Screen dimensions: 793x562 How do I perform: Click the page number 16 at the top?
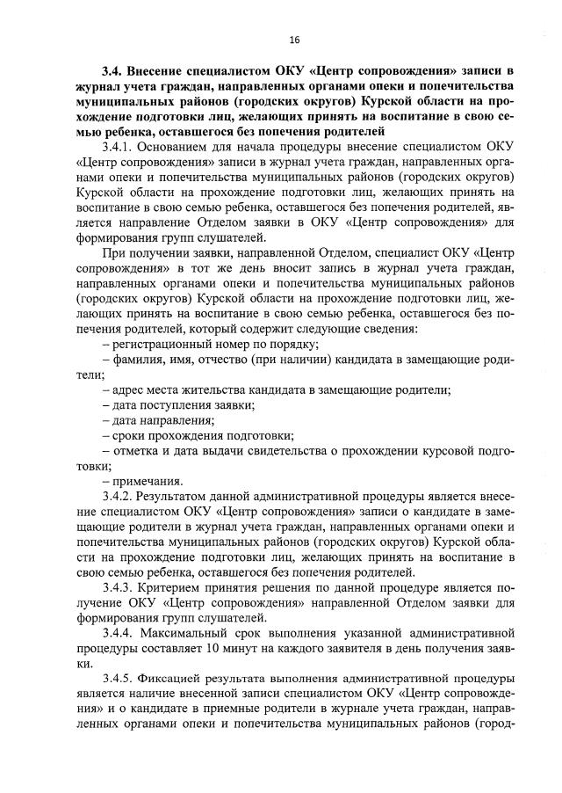pyautogui.click(x=293, y=40)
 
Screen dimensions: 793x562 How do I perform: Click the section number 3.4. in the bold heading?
pyautogui.click(x=114, y=69)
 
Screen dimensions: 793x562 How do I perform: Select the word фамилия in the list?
pyautogui.click(x=133, y=359)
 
